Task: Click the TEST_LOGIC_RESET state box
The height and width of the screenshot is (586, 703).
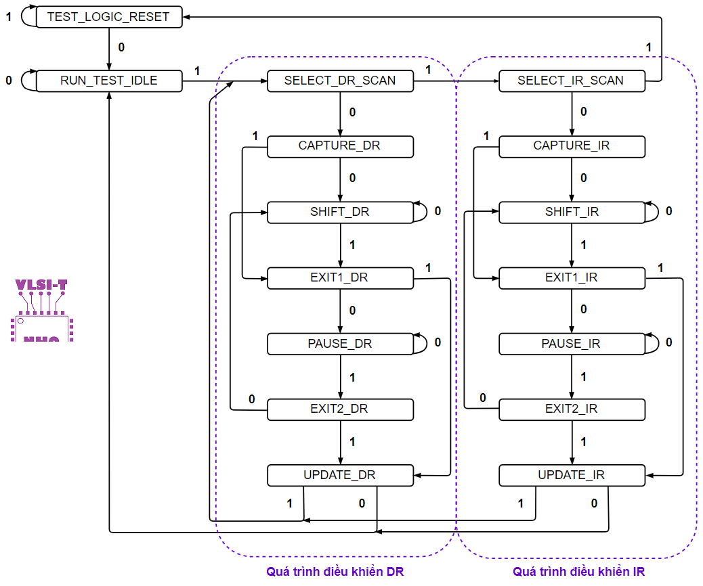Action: (x=108, y=17)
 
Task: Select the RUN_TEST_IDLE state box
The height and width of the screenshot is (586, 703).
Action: (x=108, y=81)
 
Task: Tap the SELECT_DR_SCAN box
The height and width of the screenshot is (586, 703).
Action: (x=340, y=81)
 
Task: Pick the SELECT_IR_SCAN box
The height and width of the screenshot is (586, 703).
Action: (x=571, y=81)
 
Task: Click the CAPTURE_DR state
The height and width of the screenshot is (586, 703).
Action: (x=340, y=146)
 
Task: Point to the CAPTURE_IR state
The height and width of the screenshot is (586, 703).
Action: (x=571, y=146)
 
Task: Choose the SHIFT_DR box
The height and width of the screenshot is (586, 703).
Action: (x=340, y=212)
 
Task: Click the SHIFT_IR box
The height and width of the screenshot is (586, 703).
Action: (x=571, y=212)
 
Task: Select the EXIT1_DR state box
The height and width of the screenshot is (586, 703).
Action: (x=340, y=278)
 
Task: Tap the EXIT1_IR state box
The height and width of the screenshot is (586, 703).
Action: (x=571, y=278)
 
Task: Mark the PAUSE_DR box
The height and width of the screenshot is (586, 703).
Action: (x=340, y=344)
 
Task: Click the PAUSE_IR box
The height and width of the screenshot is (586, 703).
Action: (x=571, y=344)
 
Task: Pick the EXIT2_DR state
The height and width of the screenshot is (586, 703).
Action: (x=340, y=409)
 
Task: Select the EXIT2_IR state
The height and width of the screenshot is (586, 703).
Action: (x=571, y=409)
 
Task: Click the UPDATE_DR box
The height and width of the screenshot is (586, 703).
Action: (x=340, y=475)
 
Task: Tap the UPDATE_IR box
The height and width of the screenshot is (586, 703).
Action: (x=571, y=475)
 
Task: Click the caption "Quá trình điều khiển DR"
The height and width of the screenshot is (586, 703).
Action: (x=335, y=572)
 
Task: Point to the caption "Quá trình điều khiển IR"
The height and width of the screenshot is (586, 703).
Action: (x=578, y=572)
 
